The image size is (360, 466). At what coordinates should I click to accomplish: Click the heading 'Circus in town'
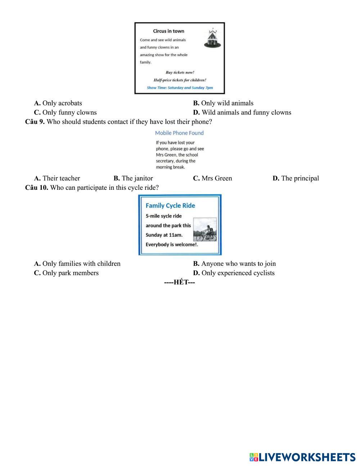pyautogui.click(x=168, y=31)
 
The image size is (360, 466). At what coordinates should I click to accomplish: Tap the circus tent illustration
pyautogui.click(x=212, y=38)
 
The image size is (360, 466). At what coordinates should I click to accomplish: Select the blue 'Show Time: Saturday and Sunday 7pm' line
pyautogui.click(x=180, y=88)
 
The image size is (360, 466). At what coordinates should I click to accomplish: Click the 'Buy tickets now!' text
pyautogui.click(x=180, y=72)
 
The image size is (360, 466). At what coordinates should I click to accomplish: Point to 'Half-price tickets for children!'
pyautogui.click(x=180, y=80)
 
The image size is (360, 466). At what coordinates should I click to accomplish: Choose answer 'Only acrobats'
pyautogui.click(x=58, y=103)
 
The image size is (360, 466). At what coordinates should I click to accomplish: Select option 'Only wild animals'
pyautogui.click(x=223, y=103)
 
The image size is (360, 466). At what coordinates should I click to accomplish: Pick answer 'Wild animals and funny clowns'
pyautogui.click(x=242, y=113)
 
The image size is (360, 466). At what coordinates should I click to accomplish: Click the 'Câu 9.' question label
pyautogui.click(x=35, y=122)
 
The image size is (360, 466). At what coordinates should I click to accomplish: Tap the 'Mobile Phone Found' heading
pyautogui.click(x=179, y=133)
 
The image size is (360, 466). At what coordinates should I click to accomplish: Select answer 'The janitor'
pyautogui.click(x=133, y=178)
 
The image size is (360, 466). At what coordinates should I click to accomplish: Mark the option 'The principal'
pyautogui.click(x=296, y=178)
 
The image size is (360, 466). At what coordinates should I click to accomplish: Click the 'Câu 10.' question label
pyautogui.click(x=37, y=188)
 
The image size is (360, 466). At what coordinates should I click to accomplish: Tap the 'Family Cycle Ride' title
pyautogui.click(x=170, y=206)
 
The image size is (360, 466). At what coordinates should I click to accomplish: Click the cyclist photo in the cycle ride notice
pyautogui.click(x=205, y=230)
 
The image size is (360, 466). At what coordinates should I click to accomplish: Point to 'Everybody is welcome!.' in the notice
pyautogui.click(x=172, y=245)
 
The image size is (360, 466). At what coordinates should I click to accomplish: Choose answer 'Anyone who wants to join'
pyautogui.click(x=234, y=264)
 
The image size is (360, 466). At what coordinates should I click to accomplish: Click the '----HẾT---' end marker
pyautogui.click(x=180, y=282)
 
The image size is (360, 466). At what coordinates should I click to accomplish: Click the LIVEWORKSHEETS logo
pyautogui.click(x=302, y=457)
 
